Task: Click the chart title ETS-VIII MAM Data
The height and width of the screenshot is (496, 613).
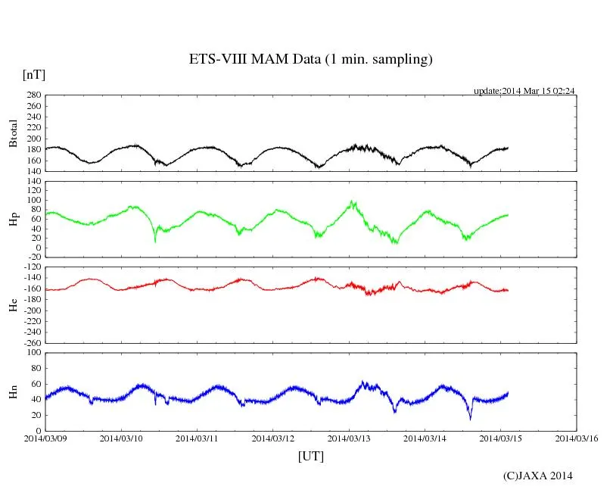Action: coord(310,60)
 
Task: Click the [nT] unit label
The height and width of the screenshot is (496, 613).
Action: coord(33,74)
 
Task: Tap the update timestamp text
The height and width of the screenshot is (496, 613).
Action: coord(524,91)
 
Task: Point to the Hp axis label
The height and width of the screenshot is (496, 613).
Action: coord(13,219)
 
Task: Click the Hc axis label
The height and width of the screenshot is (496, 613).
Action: coord(13,304)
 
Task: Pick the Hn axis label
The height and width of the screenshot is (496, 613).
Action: coord(13,391)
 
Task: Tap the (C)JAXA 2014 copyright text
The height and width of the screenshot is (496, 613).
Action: coord(537,476)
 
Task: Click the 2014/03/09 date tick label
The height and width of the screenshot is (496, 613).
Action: coord(45,438)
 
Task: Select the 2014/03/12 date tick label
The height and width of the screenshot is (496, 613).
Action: coord(273,438)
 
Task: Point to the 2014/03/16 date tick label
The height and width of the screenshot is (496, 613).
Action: coord(577,438)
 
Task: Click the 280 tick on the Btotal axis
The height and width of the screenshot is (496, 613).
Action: coord(32,95)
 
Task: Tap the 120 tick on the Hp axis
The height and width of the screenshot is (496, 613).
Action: coord(32,182)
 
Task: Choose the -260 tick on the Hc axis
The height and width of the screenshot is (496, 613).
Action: coord(30,342)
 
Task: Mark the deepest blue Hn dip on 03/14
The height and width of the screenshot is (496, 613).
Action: coord(470,418)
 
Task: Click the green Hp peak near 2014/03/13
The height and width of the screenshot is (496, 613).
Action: coord(353,201)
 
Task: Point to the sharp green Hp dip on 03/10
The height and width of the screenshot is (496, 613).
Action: coord(155,240)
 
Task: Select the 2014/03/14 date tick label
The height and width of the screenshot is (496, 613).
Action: coord(425,438)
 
